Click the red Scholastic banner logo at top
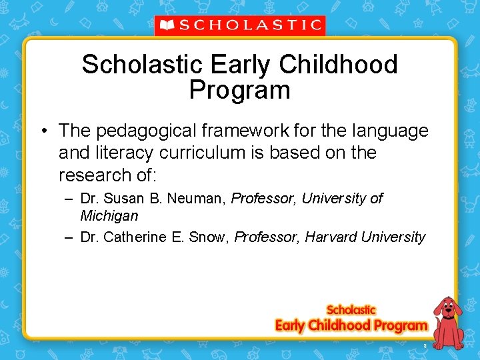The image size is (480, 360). tap(240, 25)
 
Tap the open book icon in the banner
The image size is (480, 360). tap(167, 25)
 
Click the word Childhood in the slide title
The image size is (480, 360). tap(339, 65)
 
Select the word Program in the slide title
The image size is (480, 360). tap(239, 90)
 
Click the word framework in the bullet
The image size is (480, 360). tap(253, 131)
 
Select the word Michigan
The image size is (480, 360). tap(109, 215)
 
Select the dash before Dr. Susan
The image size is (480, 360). tap(69, 199)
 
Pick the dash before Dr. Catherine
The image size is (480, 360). tap(69, 237)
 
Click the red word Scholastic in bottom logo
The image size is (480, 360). tap(351, 310)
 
